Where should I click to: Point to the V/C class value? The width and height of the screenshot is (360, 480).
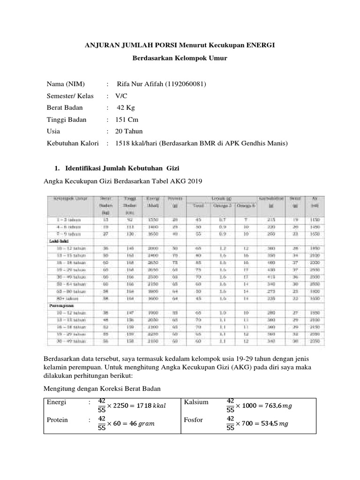[x=122, y=96]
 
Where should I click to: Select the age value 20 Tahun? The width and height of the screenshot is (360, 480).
[x=129, y=131]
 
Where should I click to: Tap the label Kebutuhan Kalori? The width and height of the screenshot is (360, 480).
[x=73, y=143]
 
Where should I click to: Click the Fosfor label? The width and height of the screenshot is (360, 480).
[x=194, y=420]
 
